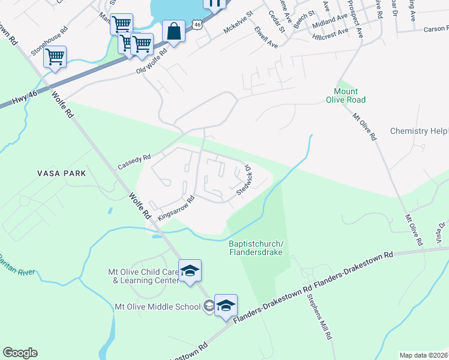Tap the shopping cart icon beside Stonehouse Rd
[55, 57]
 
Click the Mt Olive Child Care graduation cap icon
[190, 271]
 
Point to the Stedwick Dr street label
[247, 180]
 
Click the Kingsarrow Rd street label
[176, 207]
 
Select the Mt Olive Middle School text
[157, 307]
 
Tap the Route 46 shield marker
[197, 23]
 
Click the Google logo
[20, 353]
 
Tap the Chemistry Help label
[419, 131]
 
